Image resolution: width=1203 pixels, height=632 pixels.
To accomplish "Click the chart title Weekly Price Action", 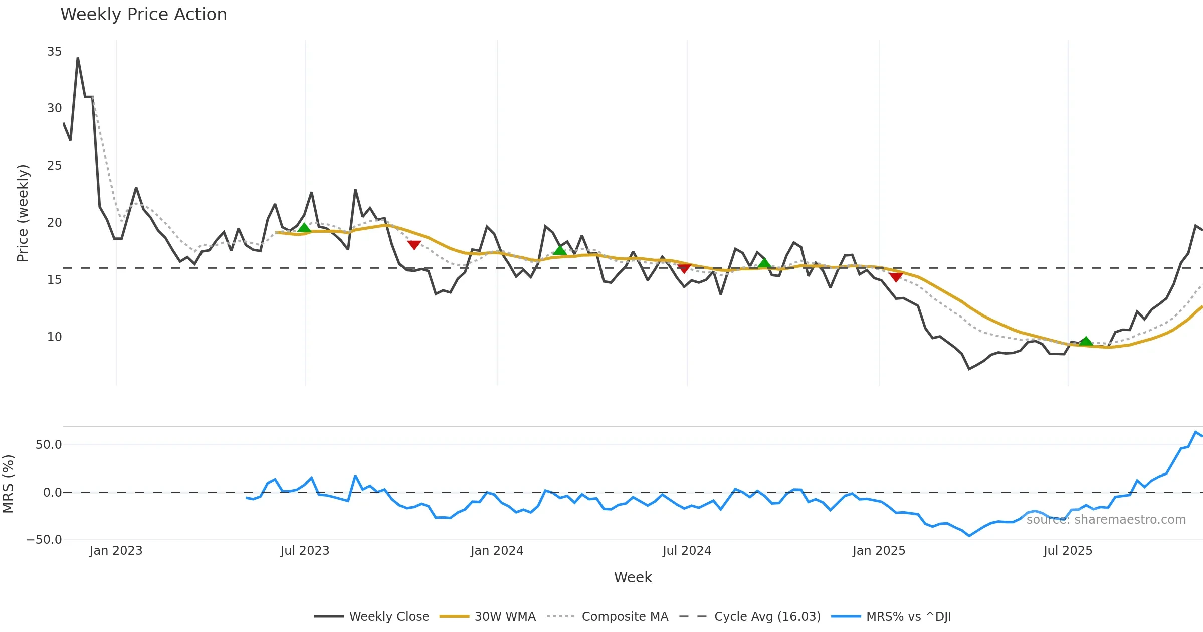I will (x=143, y=15).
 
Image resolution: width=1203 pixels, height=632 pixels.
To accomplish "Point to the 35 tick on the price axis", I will (x=54, y=52).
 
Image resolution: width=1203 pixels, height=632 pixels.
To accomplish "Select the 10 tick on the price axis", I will (x=54, y=337).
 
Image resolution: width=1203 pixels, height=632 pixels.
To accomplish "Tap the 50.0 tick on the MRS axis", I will (x=49, y=445).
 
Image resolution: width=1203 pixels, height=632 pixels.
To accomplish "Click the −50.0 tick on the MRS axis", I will (x=44, y=540).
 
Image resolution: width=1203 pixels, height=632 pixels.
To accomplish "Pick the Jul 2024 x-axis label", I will (x=687, y=551).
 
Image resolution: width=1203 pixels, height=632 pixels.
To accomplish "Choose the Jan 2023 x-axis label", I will (x=116, y=551).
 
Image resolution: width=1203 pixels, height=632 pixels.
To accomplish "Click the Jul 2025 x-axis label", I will (x=1068, y=551).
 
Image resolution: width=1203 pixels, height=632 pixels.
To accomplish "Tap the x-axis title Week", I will (x=633, y=577).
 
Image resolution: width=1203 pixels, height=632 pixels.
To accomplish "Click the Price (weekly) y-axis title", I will (x=23, y=213).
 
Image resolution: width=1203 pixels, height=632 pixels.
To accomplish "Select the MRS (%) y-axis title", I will (x=8, y=484).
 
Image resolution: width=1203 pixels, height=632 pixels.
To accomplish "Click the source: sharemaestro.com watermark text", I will (x=1106, y=520).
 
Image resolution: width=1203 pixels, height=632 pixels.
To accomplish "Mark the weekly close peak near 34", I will (x=78, y=59).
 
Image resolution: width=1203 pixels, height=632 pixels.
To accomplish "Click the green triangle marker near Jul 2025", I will (x=1086, y=342).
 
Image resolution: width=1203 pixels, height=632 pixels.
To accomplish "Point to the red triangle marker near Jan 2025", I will (x=896, y=277).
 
